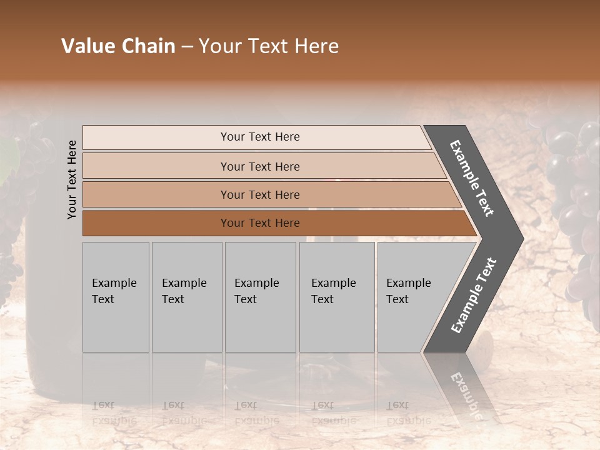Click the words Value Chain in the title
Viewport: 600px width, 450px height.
(x=118, y=46)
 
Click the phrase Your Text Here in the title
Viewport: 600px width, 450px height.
(x=269, y=46)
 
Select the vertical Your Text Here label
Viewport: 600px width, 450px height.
(x=72, y=179)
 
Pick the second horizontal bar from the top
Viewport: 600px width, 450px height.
(x=260, y=166)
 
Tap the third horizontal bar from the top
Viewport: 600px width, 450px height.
(x=260, y=194)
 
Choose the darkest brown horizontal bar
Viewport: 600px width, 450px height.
(x=260, y=223)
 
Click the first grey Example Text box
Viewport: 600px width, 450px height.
(x=116, y=297)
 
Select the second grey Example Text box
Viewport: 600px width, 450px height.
(x=186, y=297)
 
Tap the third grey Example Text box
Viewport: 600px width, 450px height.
(x=259, y=297)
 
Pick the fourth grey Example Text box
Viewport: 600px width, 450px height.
(x=336, y=297)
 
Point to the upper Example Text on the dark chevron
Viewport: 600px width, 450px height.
(x=472, y=178)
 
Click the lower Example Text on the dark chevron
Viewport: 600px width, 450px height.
(x=474, y=295)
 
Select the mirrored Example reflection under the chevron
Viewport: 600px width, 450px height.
(x=466, y=394)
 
